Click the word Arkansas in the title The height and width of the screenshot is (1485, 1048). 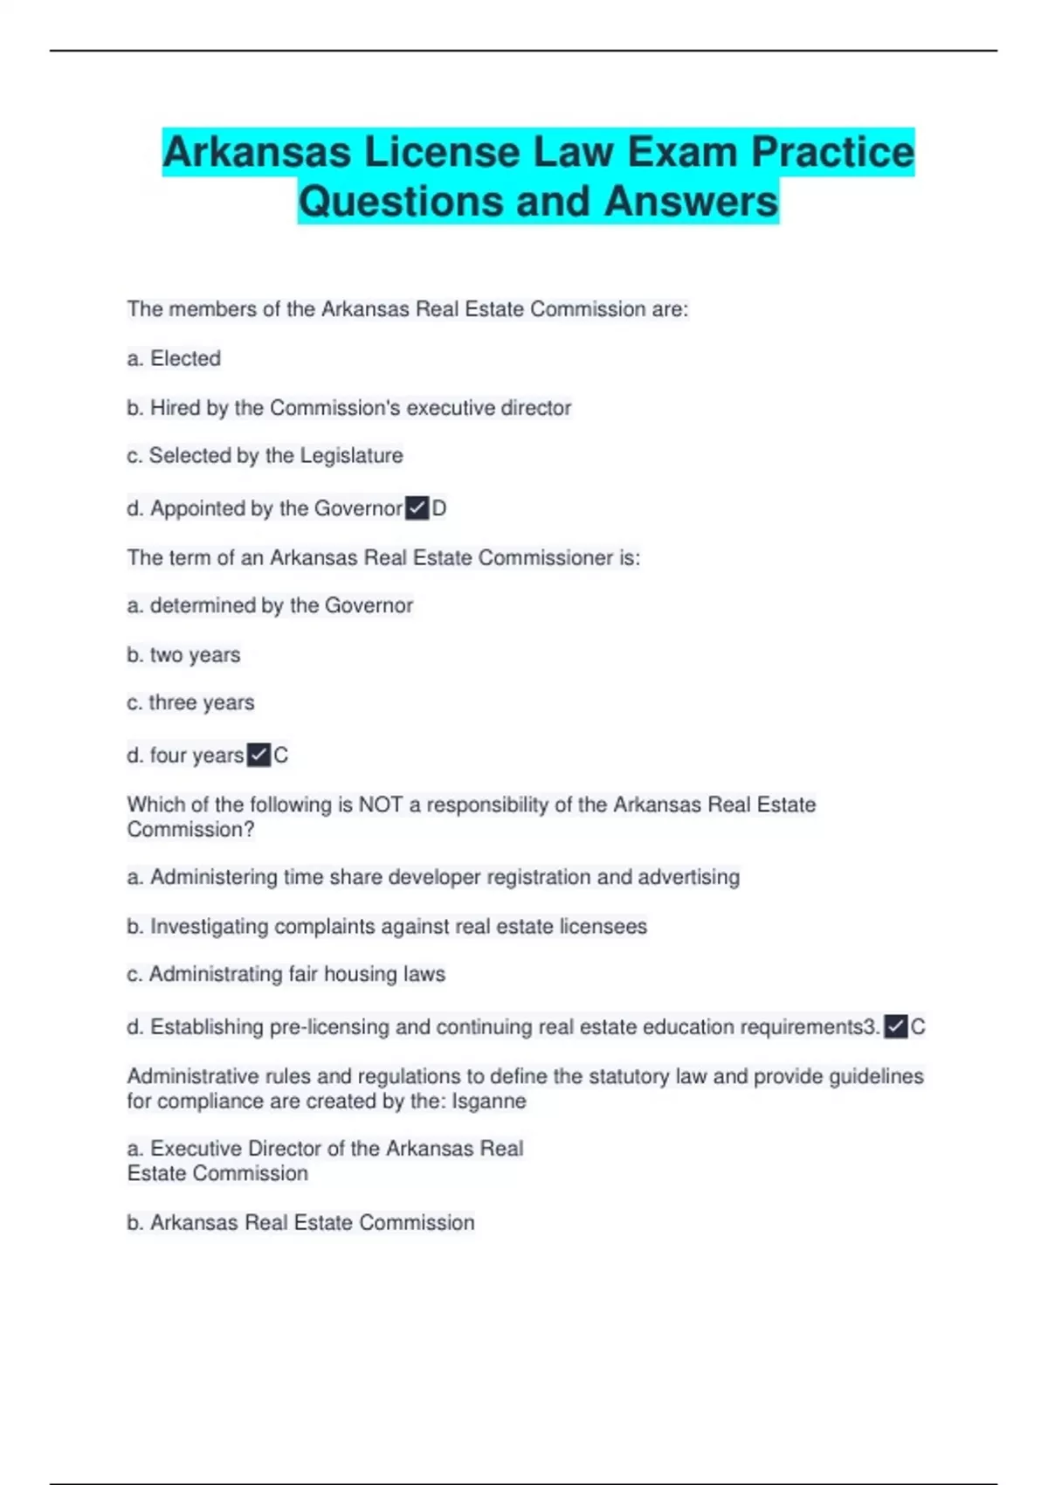pyautogui.click(x=257, y=153)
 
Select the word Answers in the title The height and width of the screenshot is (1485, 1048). pyautogui.click(x=690, y=202)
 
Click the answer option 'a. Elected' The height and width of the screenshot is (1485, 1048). pyautogui.click(x=174, y=358)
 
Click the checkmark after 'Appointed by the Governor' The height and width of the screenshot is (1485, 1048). pyautogui.click(x=417, y=508)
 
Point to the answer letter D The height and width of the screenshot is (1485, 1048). pyautogui.click(x=439, y=508)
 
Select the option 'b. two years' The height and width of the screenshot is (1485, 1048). pyautogui.click(x=183, y=655)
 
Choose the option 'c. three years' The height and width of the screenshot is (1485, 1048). pyautogui.click(x=190, y=703)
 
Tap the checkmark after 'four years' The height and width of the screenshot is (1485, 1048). pyautogui.click(x=259, y=756)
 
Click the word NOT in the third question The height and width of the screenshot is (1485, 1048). pyautogui.click(x=381, y=805)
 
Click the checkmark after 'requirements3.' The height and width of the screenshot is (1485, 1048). pyautogui.click(x=896, y=1027)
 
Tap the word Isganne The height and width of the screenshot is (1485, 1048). pyautogui.click(x=488, y=1102)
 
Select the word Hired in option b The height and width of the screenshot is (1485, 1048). pyautogui.click(x=175, y=408)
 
